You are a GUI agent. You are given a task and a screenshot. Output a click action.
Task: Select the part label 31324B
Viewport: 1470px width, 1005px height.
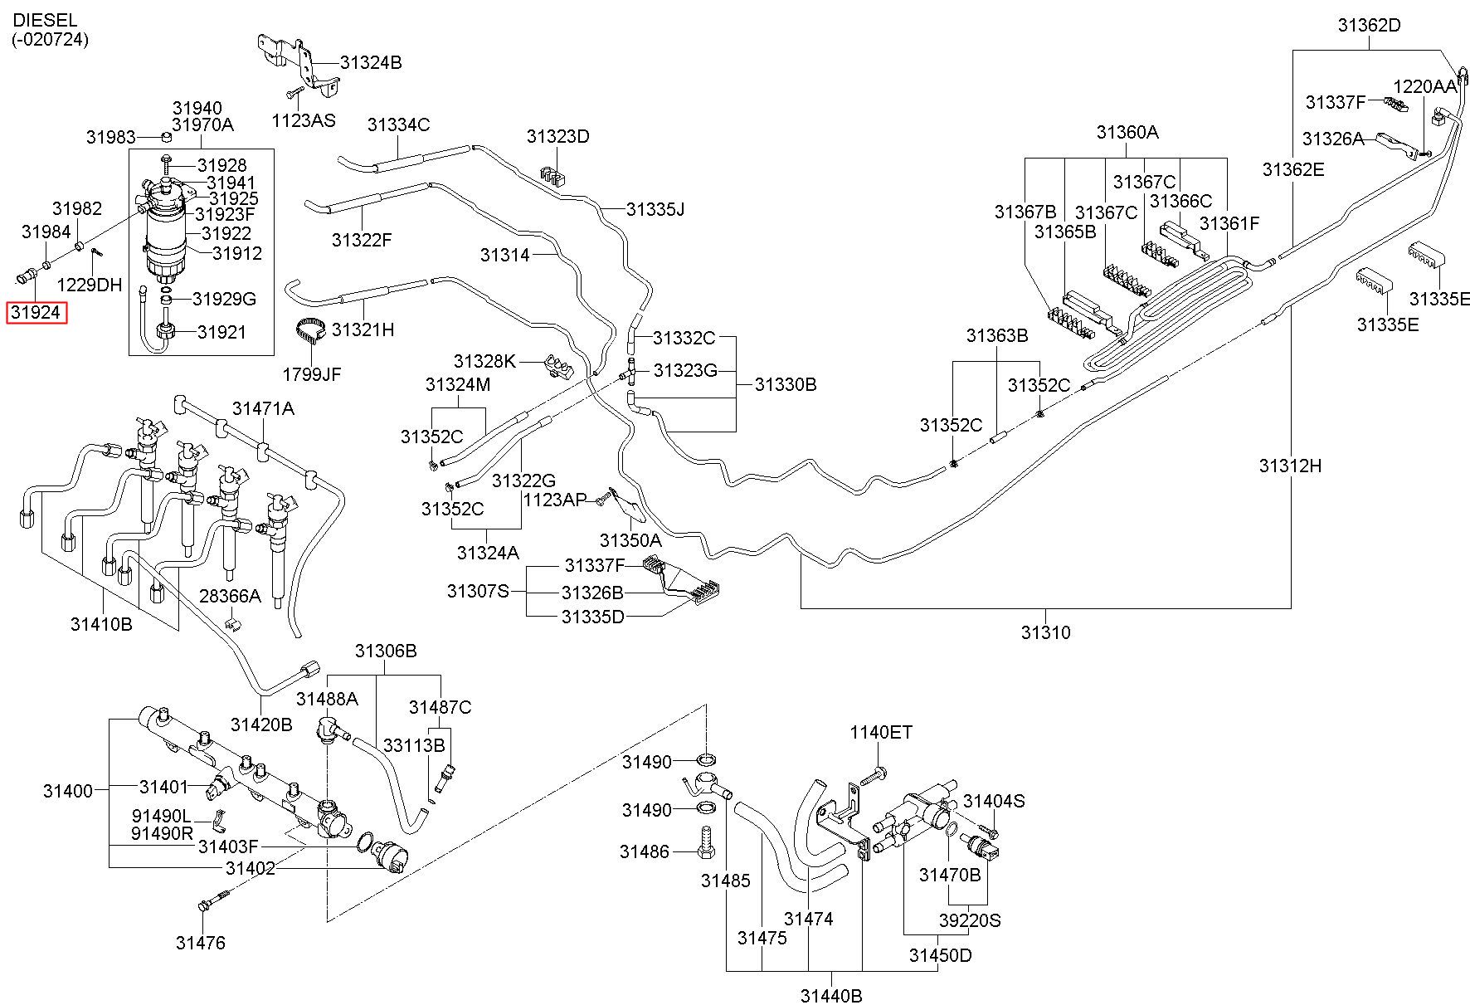click(371, 62)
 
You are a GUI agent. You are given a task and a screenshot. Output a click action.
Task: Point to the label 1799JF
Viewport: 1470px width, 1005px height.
click(312, 374)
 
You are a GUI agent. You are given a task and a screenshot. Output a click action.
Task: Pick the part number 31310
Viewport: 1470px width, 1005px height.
click(1045, 632)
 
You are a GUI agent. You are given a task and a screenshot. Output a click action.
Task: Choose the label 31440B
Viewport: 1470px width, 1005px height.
click(831, 995)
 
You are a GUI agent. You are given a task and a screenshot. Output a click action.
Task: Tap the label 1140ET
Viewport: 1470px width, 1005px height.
click(881, 732)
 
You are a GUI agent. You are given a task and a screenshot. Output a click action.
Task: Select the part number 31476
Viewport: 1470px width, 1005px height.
click(200, 942)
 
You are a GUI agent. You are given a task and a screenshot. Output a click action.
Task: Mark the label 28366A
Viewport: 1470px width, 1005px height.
click(230, 596)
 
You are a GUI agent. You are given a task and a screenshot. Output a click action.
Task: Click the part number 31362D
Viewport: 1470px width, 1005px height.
click(1369, 25)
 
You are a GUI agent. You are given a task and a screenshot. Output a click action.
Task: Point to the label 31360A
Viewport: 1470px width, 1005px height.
click(1127, 131)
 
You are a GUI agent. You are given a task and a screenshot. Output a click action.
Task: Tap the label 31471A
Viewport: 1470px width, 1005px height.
click(263, 408)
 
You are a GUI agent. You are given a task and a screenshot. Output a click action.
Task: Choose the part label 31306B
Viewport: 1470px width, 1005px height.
click(386, 651)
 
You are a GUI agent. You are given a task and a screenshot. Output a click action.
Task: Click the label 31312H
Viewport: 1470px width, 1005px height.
click(1290, 466)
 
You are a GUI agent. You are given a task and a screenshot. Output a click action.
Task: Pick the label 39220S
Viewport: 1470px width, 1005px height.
click(970, 920)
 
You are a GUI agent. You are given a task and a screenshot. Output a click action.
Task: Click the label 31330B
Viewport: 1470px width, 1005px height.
click(786, 384)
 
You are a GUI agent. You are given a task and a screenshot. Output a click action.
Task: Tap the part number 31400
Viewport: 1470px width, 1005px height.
click(68, 791)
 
